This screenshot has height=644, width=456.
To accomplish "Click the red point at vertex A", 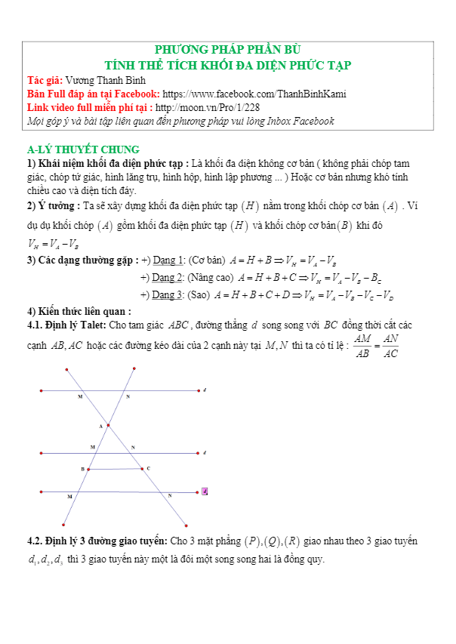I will click(108, 425).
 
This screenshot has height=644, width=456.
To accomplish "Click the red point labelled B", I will click(88, 469).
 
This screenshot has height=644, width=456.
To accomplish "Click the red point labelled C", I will click(141, 468).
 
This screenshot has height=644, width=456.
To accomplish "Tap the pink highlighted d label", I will click(205, 491).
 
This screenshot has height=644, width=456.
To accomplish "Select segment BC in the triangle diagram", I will click(114, 469).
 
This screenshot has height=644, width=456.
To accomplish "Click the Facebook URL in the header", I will click(254, 94).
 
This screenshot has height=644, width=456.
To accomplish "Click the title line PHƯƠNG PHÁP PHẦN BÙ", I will click(227, 50).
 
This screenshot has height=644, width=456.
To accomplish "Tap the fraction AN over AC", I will click(390, 347).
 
